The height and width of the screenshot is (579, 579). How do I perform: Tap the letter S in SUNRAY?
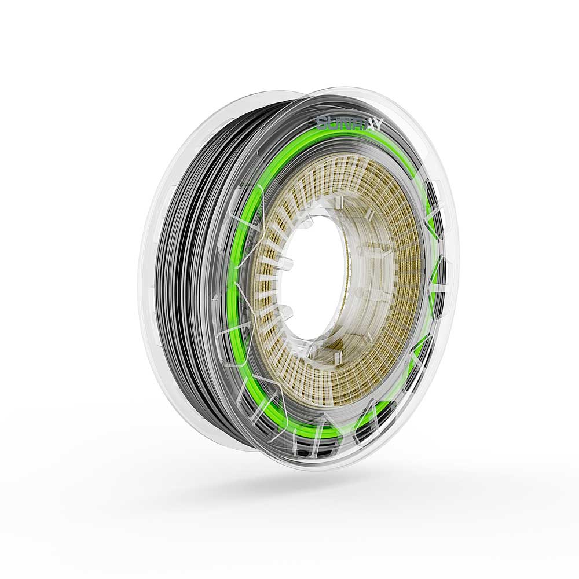tap(322, 122)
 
